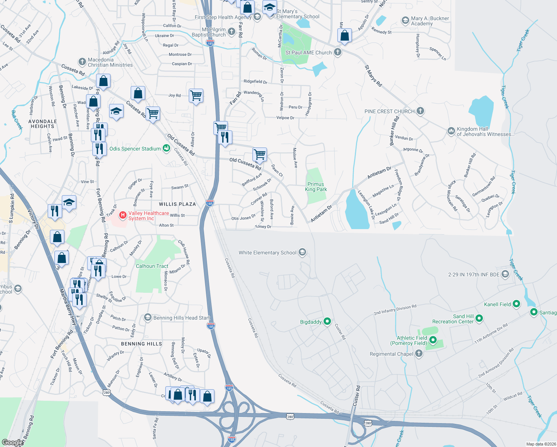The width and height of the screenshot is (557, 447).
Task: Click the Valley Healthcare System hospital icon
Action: pyautogui.click(x=122, y=216)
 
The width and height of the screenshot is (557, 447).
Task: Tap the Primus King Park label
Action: pyautogui.click(x=316, y=187)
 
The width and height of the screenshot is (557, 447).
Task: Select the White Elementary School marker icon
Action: pyautogui.click(x=302, y=253)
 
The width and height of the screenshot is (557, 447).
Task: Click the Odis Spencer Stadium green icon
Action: pyautogui.click(x=166, y=149)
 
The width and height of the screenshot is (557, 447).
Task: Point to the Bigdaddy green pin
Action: pyautogui.click(x=327, y=321)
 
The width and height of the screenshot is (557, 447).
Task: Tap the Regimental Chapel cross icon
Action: pyautogui.click(x=419, y=354)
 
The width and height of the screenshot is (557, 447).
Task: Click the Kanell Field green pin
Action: pyautogui.click(x=516, y=304)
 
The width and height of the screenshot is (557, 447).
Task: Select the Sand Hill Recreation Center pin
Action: pyautogui.click(x=479, y=318)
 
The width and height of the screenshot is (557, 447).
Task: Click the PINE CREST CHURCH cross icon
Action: pyautogui.click(x=420, y=111)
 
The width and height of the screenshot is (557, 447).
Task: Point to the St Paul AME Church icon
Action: pyautogui.click(x=338, y=52)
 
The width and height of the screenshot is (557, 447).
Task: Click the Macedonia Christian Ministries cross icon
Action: pyautogui.click(x=82, y=62)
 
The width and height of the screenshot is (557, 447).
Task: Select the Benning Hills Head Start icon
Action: pyautogui.click(x=148, y=318)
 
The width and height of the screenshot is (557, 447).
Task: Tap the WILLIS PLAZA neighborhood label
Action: pyautogui.click(x=177, y=204)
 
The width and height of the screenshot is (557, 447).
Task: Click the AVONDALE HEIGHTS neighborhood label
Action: pyautogui.click(x=43, y=124)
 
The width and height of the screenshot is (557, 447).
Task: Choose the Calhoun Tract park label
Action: pyautogui.click(x=152, y=266)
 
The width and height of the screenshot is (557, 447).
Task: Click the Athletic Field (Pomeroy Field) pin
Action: pyautogui.click(x=433, y=340)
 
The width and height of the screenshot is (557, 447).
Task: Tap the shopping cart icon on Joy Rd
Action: pyautogui.click(x=196, y=96)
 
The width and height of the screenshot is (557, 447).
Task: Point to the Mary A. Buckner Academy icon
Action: pyautogui.click(x=405, y=20)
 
